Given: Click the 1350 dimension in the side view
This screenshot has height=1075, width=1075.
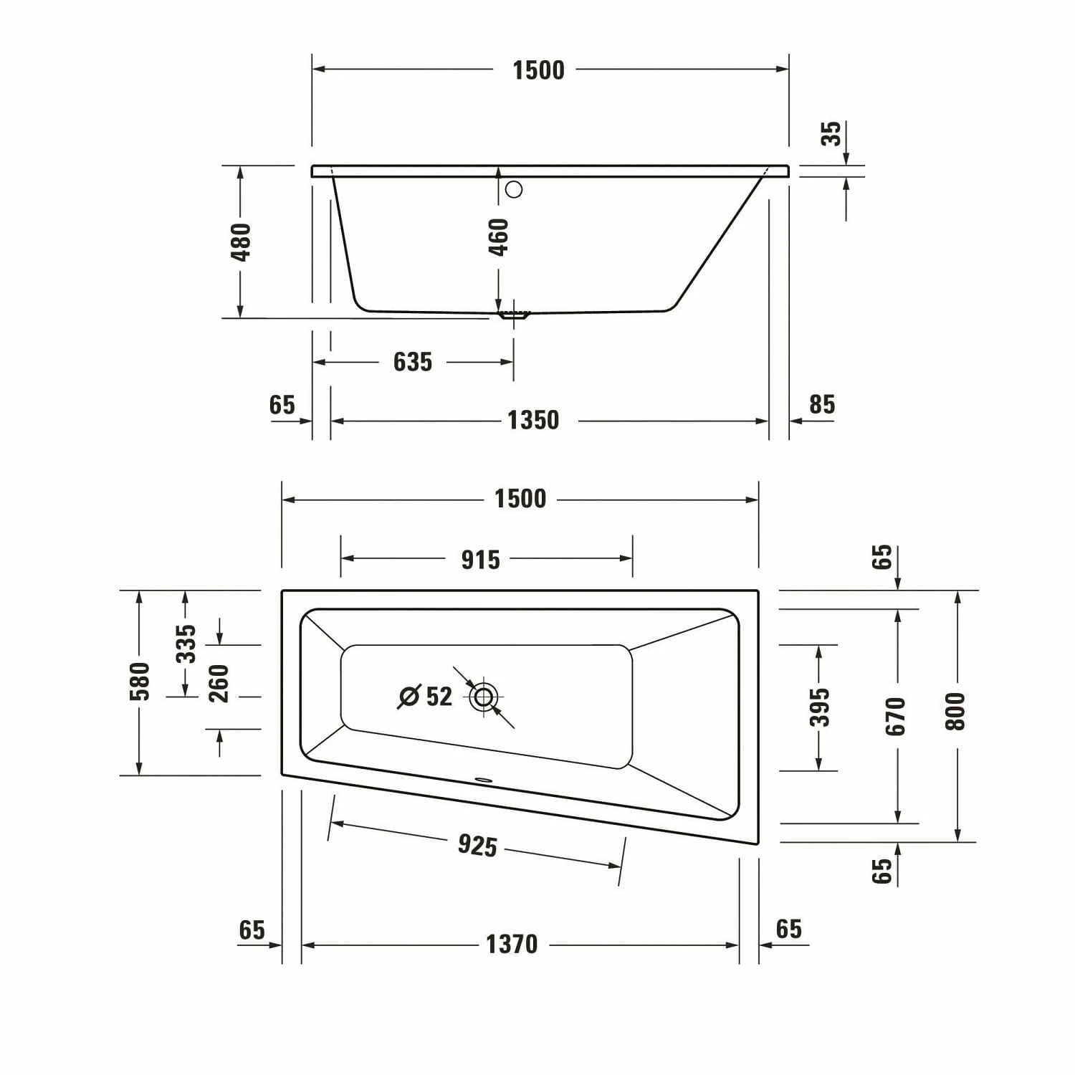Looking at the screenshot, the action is coord(533,420).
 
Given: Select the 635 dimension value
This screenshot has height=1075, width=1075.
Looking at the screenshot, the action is coord(413,362).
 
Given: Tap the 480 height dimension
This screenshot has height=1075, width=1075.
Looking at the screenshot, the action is coord(242,242).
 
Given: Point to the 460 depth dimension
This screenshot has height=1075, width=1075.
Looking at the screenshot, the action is coord(498,237).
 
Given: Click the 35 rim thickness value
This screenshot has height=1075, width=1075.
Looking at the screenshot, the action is coord(831,134).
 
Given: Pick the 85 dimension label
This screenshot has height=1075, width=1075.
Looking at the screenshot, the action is coord(822,405).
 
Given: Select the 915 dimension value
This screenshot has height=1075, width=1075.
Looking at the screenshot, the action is coord(480,560).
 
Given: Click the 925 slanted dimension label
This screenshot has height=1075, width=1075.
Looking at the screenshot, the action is coord(477,846).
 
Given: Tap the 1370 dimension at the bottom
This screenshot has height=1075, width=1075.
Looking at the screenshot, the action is coord(512,945).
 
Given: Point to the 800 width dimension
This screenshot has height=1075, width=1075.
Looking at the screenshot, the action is coord(956,712).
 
